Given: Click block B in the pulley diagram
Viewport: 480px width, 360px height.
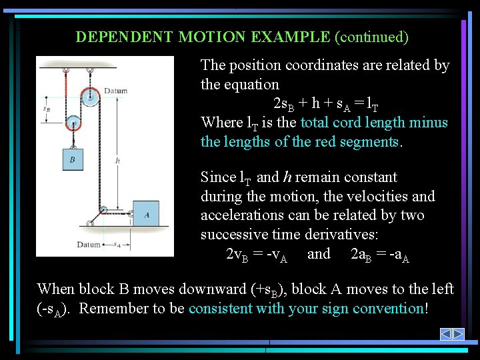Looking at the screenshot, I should (x=73, y=159).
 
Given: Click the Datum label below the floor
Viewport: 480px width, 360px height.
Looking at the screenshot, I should (x=89, y=245).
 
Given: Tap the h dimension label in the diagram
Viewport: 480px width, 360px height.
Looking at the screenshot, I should (x=117, y=160).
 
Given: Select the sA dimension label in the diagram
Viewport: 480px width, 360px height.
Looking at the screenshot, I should (x=117, y=245).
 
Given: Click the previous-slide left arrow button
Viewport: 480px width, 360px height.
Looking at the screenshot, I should (x=447, y=334).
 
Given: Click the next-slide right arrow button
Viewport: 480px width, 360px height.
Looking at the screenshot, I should (x=458, y=334).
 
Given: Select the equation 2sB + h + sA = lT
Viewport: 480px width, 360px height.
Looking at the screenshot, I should (x=327, y=104).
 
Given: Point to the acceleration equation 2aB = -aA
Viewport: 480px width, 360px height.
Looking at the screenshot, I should (x=379, y=255).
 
